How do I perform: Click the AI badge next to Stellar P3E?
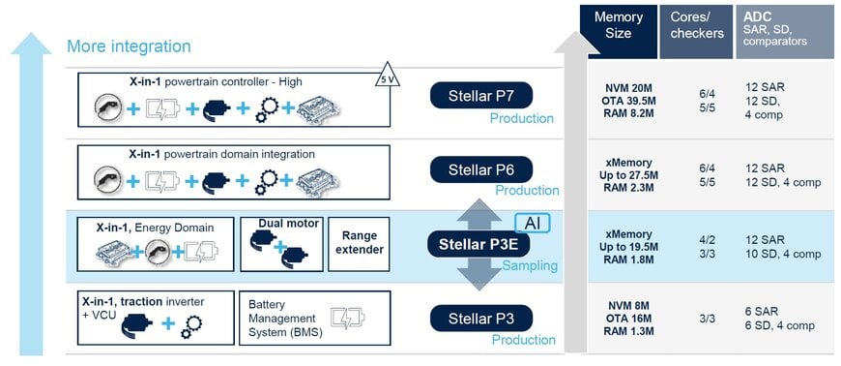click(531, 223)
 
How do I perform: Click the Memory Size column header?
click(618, 26)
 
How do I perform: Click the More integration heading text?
click(129, 46)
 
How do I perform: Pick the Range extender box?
click(359, 244)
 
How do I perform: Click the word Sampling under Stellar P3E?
click(530, 265)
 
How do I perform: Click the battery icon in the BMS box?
click(345, 318)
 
